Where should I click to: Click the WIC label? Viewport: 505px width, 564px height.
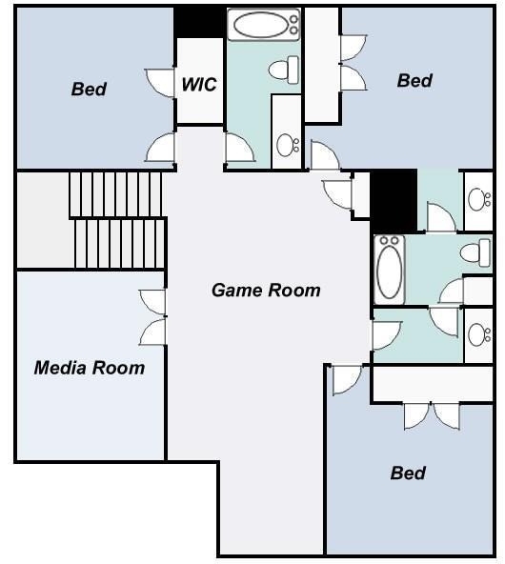point(199,84)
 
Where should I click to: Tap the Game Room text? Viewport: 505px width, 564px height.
point(266,290)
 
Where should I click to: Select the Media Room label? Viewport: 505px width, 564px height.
point(90,368)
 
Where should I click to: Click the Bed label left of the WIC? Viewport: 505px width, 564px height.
point(89,89)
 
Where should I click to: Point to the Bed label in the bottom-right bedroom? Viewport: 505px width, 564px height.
point(408,473)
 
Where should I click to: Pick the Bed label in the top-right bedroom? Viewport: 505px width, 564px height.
point(414,80)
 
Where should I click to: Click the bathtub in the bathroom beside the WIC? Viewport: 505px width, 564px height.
point(264,25)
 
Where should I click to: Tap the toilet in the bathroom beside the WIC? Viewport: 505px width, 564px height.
point(284,70)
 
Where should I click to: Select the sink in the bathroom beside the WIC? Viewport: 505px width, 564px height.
point(288,145)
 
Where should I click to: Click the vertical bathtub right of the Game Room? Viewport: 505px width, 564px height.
point(390,270)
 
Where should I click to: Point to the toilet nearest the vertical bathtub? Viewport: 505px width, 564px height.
point(475,252)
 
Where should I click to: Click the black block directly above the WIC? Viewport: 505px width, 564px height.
point(200,22)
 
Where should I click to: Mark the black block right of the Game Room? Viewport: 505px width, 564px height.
point(394,200)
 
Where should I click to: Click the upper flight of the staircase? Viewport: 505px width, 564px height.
point(115,194)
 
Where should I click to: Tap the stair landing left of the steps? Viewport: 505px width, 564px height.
point(43,220)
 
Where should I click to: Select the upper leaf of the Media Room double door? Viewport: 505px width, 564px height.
point(152,302)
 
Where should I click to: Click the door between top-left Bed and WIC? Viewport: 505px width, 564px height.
point(160,83)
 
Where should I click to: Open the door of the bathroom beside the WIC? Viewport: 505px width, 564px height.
point(240,148)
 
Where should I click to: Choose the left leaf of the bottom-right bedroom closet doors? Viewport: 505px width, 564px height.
point(417,416)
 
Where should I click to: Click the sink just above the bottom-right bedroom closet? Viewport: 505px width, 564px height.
point(479,334)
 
